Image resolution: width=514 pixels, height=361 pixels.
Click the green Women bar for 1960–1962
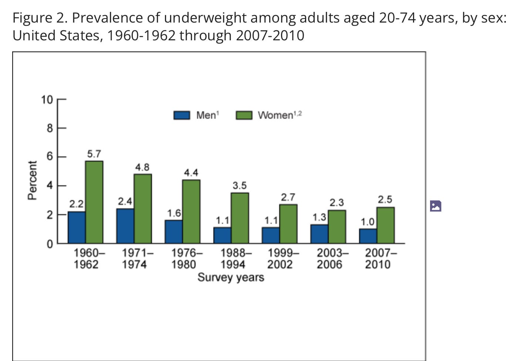tap(94, 202)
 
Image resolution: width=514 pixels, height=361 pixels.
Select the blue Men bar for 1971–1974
tap(125, 226)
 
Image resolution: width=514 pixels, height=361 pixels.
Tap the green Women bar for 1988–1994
tap(240, 218)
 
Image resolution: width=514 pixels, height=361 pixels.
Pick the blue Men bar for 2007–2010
tap(368, 236)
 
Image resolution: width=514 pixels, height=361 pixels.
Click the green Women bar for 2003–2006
tap(337, 227)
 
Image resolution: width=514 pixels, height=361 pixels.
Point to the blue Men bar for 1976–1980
tap(174, 232)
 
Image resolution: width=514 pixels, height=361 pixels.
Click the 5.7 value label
tap(94, 154)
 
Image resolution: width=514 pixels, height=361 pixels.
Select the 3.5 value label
tap(239, 185)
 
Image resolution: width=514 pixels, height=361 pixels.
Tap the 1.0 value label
tap(368, 222)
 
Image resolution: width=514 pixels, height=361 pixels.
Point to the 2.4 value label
tap(125, 202)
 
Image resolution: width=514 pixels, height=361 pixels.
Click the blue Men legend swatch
tap(182, 115)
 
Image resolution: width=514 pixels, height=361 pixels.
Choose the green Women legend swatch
tap(244, 115)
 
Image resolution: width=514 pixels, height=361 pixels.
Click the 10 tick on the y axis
tap(47, 100)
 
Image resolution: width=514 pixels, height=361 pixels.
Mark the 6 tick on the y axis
tap(50, 157)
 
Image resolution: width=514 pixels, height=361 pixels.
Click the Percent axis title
tap(33, 180)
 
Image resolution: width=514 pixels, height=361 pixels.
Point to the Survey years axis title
tap(231, 277)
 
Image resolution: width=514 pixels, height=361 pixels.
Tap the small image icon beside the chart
tap(436, 206)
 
